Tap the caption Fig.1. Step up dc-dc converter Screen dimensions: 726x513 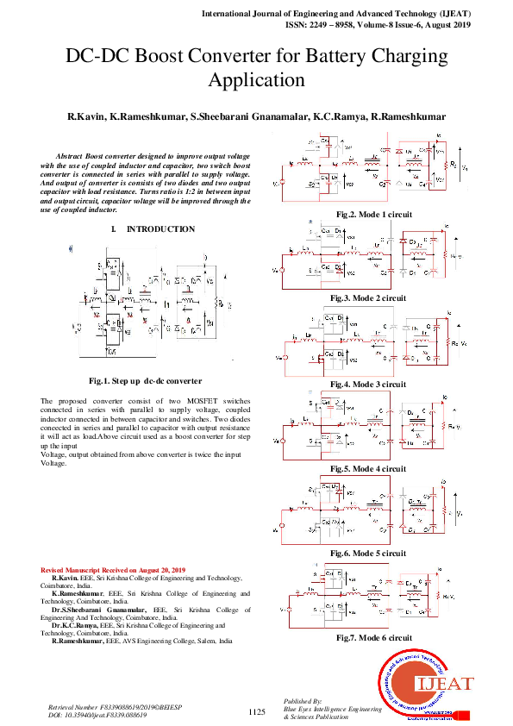click(x=145, y=380)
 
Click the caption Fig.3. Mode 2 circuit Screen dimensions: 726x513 click(x=367, y=297)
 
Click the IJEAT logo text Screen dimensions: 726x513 click(x=445, y=685)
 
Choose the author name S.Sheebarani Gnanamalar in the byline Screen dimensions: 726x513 click(x=249, y=116)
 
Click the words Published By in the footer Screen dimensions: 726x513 click(x=302, y=701)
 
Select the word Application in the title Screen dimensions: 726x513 click(x=256, y=82)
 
